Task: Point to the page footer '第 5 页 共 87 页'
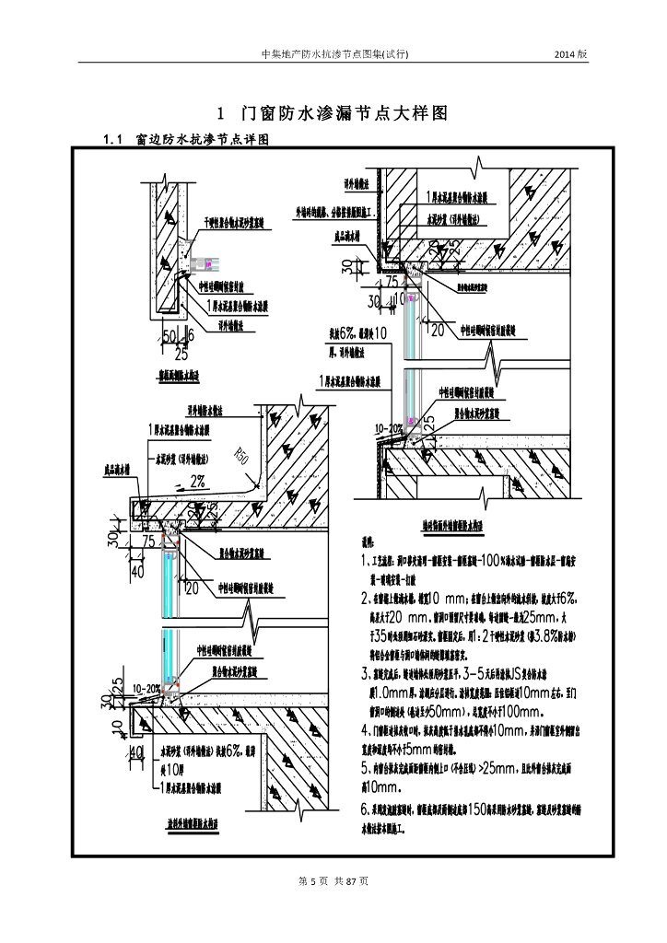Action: (x=333, y=881)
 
